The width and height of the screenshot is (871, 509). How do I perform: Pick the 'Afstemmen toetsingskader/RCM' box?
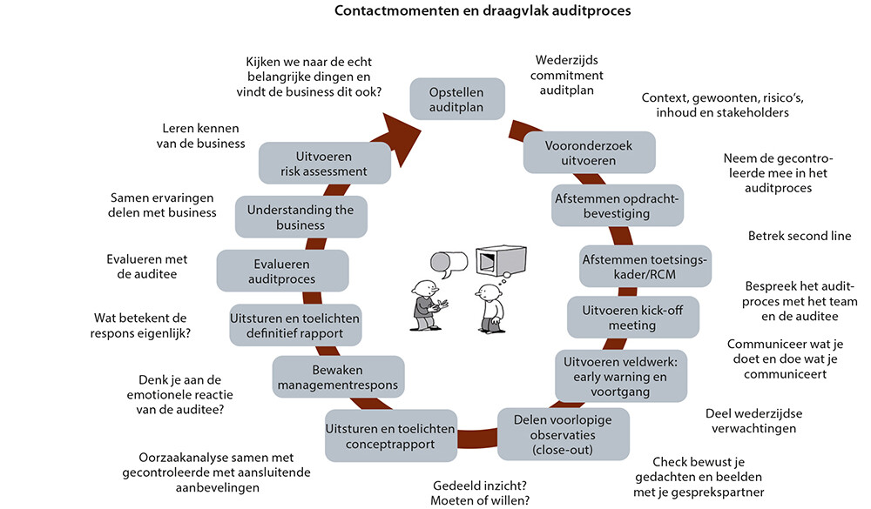tap(645, 266)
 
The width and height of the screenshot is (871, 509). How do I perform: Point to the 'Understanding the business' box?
tap(300, 218)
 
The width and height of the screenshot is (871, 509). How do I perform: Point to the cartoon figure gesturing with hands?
tap(427, 306)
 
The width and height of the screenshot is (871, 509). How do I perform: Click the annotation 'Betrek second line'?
tap(800, 236)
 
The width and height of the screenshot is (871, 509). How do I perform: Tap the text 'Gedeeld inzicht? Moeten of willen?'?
tap(480, 492)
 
